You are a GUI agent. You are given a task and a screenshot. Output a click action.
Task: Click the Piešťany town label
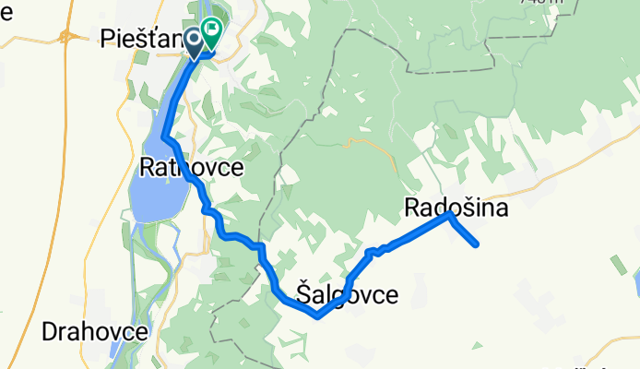click(x=138, y=40)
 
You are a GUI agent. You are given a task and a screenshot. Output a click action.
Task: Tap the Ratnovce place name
click(x=191, y=168)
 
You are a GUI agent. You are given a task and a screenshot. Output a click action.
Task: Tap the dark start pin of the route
click(x=196, y=40)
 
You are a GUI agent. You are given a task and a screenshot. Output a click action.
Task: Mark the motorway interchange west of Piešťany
click(x=67, y=37)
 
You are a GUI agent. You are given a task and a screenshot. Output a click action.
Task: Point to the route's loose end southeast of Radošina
click(x=477, y=244)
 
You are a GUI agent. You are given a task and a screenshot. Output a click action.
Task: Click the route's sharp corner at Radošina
click(x=448, y=213)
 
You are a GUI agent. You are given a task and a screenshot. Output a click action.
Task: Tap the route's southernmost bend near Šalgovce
click(x=317, y=315)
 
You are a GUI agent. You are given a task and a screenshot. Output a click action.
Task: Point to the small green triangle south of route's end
click(x=475, y=346)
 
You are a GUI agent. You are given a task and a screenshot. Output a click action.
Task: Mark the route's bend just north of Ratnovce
click(x=165, y=138)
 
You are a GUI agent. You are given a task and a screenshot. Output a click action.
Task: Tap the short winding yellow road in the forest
click(x=355, y=143)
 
